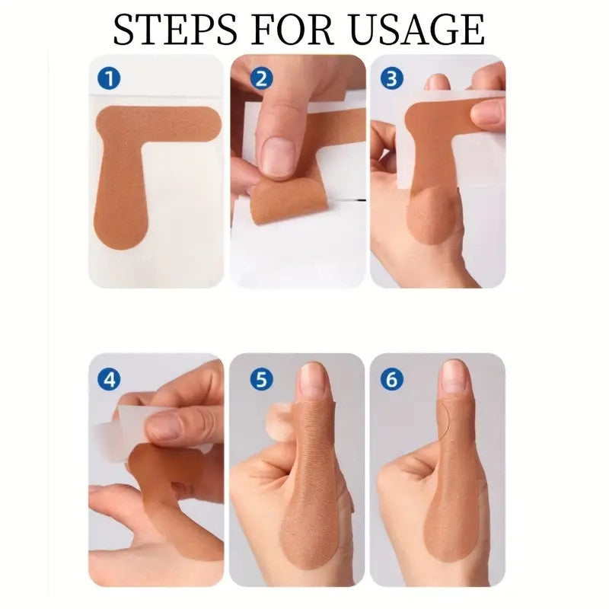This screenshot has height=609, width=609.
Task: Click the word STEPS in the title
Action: pos(175,30)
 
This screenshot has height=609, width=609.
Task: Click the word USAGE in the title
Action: pos(417,30)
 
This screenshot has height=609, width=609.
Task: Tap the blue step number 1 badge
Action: pos(109,78)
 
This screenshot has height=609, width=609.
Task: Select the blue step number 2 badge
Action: pos(261,78)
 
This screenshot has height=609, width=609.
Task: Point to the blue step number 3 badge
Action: pos(392,78)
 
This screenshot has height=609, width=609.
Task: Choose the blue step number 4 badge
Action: pos(109,379)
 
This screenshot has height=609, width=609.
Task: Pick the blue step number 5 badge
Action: pos(261,379)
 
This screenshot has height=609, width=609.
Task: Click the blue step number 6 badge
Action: pos(392,379)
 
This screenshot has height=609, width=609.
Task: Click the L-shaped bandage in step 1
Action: pos(120,163)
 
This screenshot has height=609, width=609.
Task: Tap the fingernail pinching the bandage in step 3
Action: pos(483,113)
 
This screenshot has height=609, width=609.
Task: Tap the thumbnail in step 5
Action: pos(313,378)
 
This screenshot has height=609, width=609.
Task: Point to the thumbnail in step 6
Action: pos(454,376)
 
